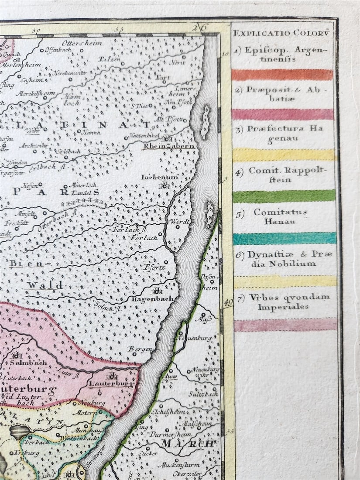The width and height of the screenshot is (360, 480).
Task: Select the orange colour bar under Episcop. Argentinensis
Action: pos(282,75)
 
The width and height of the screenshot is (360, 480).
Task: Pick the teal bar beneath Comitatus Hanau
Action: pos(285,238)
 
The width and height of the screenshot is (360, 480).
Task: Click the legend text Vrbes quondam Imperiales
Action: pos(285,302)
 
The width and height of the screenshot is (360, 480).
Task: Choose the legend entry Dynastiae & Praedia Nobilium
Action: pos(285,259)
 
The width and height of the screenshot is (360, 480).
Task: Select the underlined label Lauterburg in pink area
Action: pos(110,384)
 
